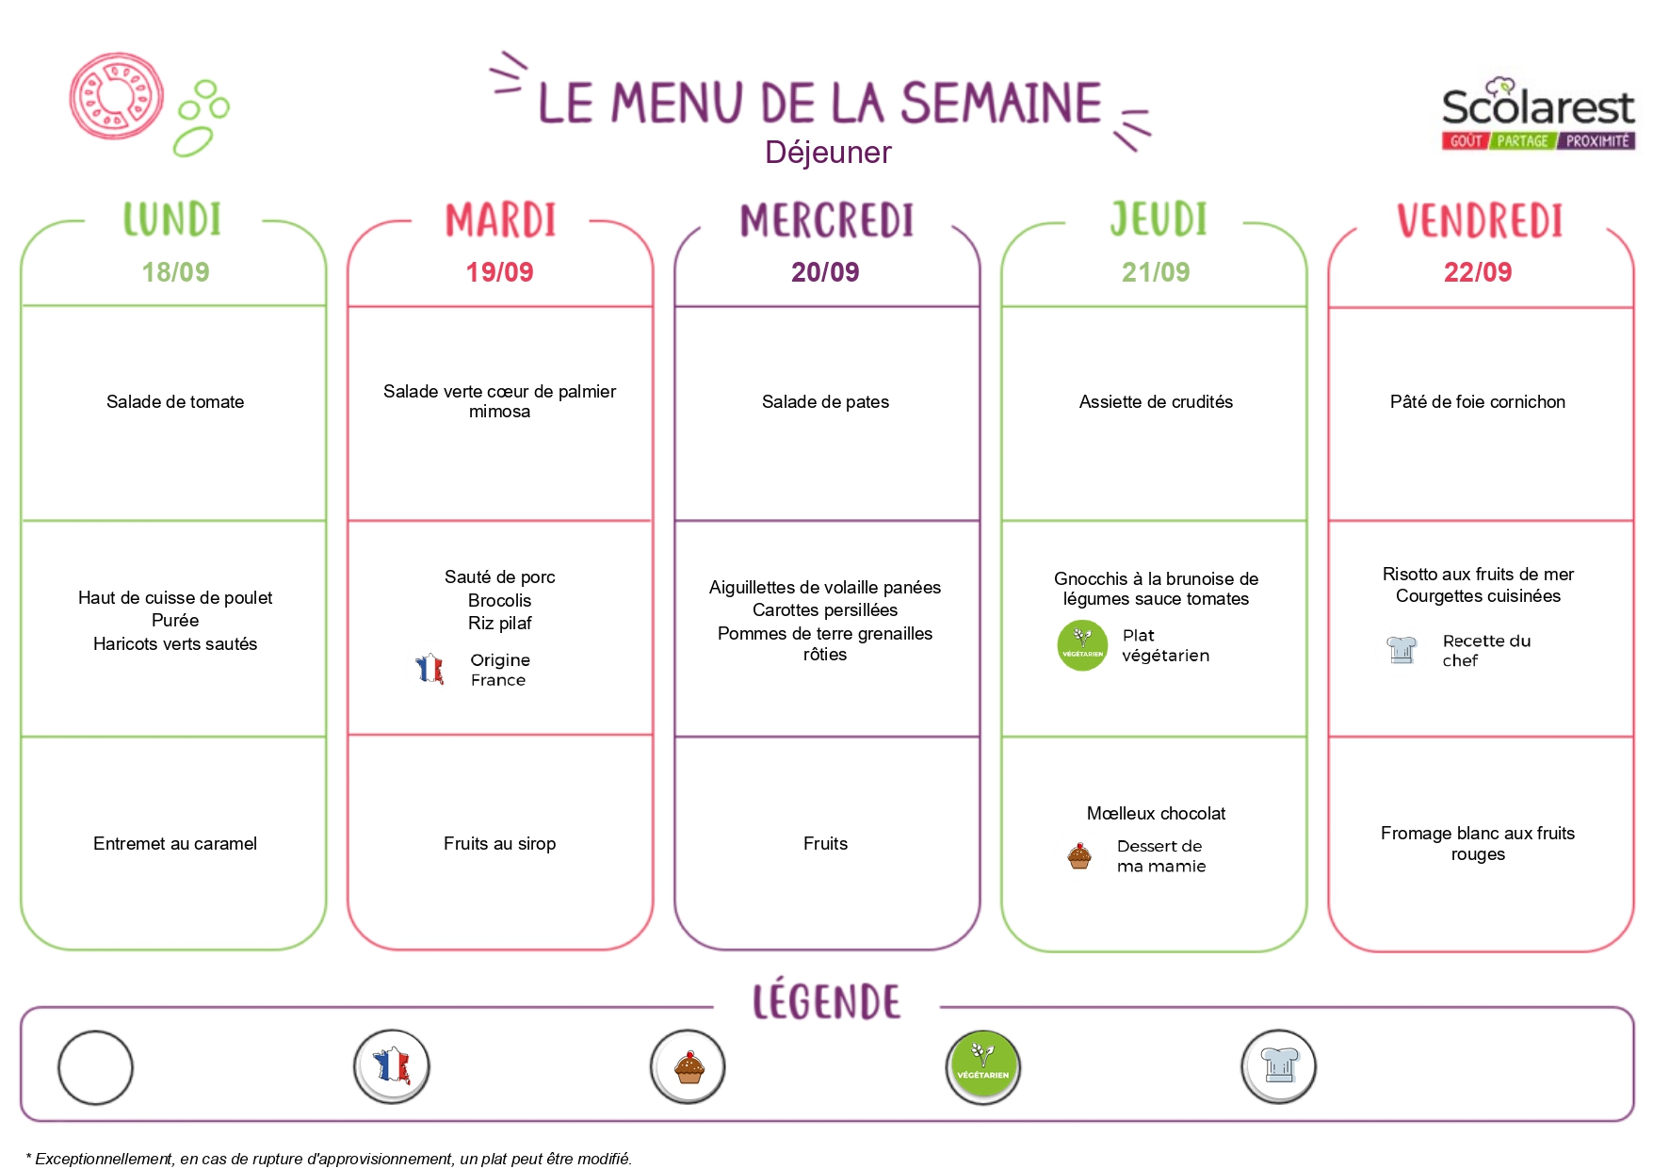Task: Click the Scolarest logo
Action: [x=1538, y=114]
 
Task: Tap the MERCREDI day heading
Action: [x=827, y=220]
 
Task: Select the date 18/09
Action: [x=175, y=272]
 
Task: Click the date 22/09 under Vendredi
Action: [x=1478, y=272]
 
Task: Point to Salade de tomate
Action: [x=175, y=402]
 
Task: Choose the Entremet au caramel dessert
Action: [x=175, y=844]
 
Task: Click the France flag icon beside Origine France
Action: [x=429, y=669]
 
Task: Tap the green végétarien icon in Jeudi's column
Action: [x=1082, y=645]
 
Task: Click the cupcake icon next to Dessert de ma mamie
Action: [x=1079, y=856]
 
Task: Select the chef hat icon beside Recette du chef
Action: [x=1402, y=650]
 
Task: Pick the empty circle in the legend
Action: [x=95, y=1067]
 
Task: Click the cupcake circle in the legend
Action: [x=689, y=1067]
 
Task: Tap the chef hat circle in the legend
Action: [x=1279, y=1067]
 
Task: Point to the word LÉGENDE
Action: [x=826, y=1000]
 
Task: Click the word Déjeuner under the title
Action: [x=828, y=153]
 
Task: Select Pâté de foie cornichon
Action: [x=1478, y=402]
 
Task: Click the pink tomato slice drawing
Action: [x=117, y=96]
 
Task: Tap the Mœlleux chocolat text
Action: [x=1156, y=814]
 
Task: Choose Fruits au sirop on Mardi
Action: [x=499, y=844]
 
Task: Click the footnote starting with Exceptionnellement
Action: [x=329, y=1159]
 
